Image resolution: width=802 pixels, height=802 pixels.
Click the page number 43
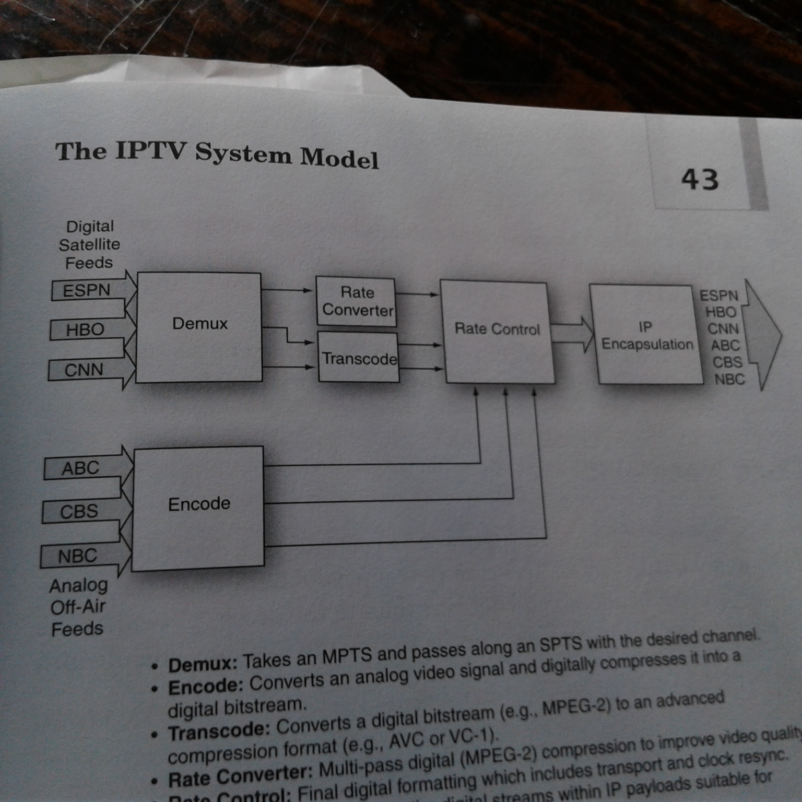700,179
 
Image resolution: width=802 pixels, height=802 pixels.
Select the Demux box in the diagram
199,326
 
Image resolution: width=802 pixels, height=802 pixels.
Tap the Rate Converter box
357,301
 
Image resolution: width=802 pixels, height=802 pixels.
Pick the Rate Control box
497,331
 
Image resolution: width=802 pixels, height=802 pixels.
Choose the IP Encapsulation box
646,335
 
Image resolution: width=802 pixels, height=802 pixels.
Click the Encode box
198,505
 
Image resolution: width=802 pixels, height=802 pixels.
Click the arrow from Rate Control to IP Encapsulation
571,333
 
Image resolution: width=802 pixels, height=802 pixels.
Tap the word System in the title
242,155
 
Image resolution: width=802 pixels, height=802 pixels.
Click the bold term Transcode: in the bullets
219,732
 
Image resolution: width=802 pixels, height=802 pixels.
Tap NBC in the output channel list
729,379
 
